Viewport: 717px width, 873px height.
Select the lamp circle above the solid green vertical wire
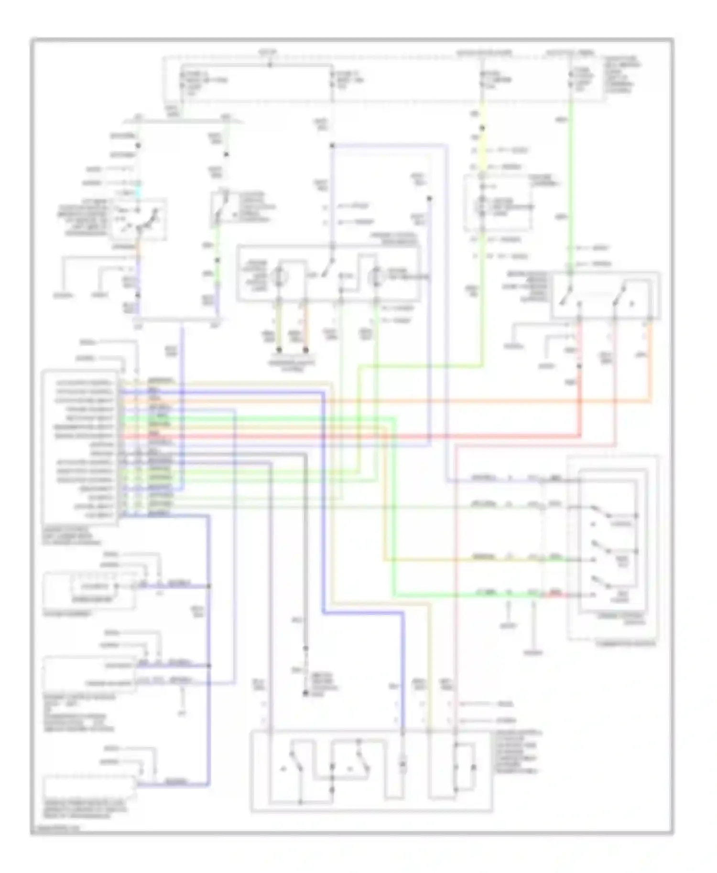[x=375, y=277]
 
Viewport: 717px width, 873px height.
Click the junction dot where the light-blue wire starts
[x=332, y=146]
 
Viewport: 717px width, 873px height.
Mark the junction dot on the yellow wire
[x=482, y=128]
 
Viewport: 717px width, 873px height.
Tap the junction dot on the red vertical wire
[x=579, y=366]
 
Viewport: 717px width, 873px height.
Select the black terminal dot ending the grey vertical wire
[x=305, y=693]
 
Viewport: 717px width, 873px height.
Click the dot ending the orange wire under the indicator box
[x=305, y=350]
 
